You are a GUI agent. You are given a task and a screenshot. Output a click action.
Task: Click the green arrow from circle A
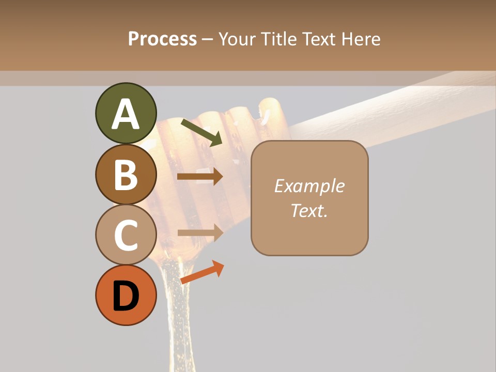point(202,132)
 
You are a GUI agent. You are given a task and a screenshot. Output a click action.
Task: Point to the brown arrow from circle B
point(200,176)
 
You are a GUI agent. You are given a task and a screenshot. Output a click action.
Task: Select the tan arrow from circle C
point(200,233)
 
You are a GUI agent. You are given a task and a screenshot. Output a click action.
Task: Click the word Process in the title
point(162,39)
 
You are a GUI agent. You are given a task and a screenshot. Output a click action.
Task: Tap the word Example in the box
point(309,186)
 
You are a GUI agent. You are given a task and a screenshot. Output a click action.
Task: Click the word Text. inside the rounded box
point(309,210)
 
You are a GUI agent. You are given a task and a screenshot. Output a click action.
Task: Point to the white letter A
point(126,114)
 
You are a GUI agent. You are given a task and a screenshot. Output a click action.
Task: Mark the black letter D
point(126,297)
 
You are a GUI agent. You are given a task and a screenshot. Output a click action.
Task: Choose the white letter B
point(126,175)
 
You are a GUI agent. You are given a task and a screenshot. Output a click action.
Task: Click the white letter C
point(126,236)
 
